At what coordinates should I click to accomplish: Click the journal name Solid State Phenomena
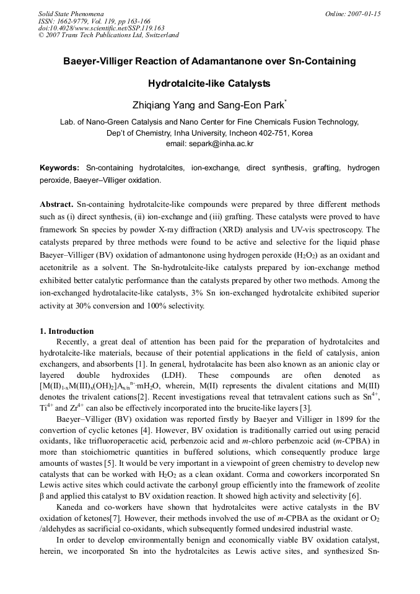click(x=71, y=13)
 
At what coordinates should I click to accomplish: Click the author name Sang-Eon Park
click(x=252, y=105)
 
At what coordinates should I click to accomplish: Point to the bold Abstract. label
click(x=57, y=204)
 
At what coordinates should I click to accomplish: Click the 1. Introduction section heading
click(x=67, y=331)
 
